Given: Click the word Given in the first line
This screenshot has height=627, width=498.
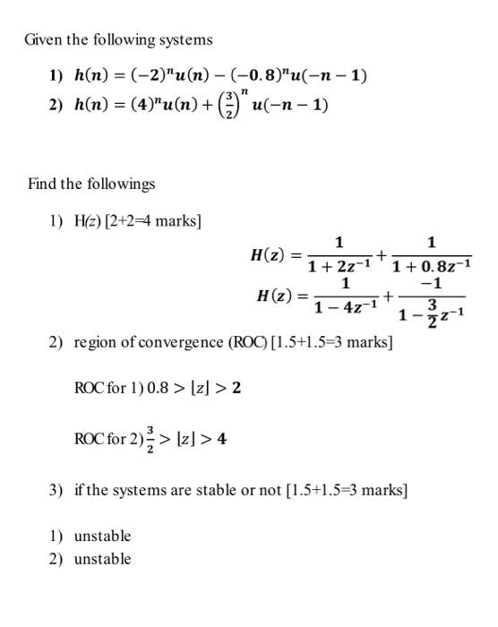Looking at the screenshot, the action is (x=42, y=39).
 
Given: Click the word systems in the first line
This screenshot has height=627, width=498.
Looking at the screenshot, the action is (x=185, y=39).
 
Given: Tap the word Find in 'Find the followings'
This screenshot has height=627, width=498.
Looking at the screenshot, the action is (x=42, y=184).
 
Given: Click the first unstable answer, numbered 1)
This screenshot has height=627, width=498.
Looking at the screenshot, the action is (x=102, y=536).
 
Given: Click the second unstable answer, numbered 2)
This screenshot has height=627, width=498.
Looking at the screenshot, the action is (x=102, y=559).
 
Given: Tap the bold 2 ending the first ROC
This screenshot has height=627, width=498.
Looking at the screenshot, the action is (x=236, y=388).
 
